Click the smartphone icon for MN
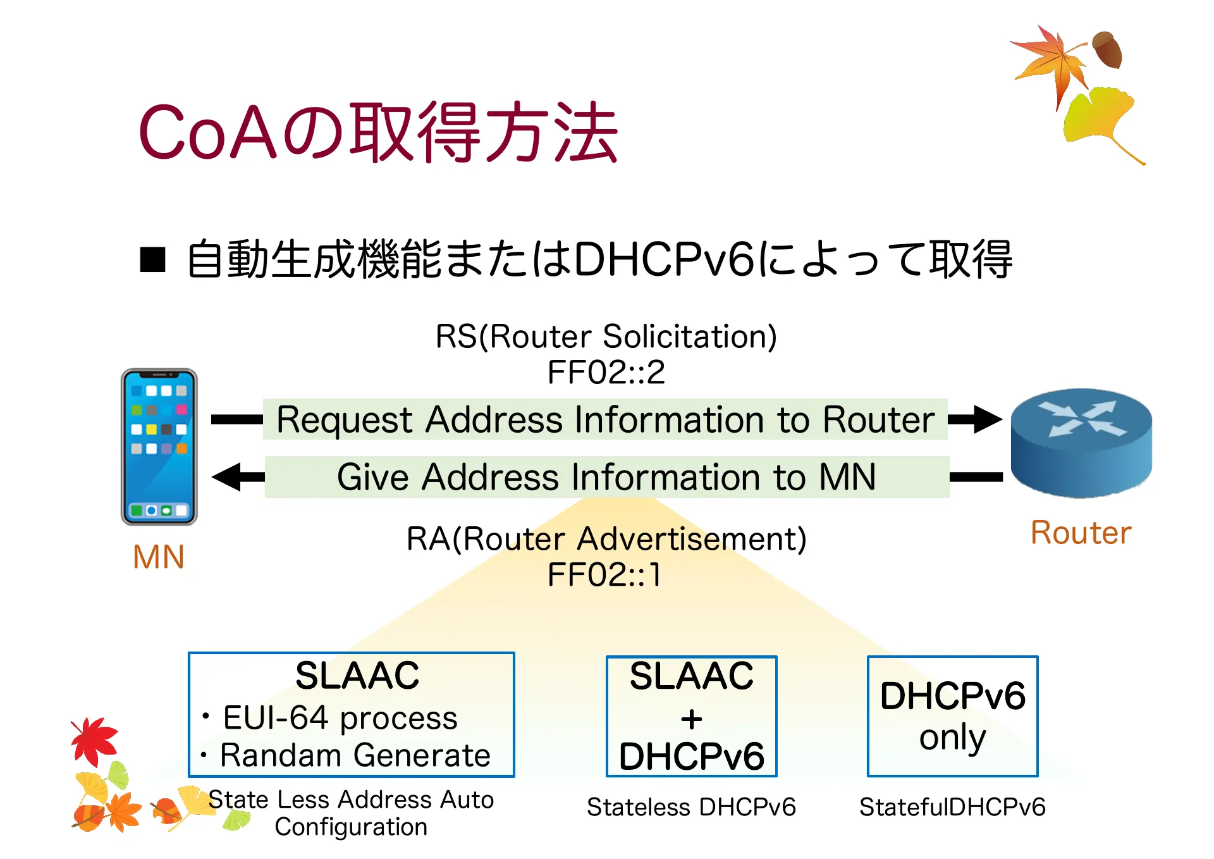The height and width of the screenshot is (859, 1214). coord(159,447)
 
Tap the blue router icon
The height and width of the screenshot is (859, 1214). coord(1081,443)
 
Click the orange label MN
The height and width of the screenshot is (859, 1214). coord(158,557)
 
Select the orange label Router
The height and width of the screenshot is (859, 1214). coord(1081,533)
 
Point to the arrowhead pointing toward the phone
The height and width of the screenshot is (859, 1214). coord(228,477)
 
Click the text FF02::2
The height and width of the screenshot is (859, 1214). coord(606,372)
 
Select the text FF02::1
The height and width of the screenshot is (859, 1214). coord(604,575)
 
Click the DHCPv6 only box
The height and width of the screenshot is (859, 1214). coord(952,716)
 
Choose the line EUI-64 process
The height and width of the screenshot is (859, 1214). coord(340,718)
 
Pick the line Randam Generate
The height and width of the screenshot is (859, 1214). coord(355,755)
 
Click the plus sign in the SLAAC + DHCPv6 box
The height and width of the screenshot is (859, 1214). coord(691,719)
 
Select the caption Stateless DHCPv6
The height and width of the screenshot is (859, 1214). coord(691,807)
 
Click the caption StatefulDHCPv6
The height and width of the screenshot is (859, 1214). coord(952,807)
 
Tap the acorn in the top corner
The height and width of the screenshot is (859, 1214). coord(1108,49)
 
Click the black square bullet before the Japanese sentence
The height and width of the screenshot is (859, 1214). coord(152,260)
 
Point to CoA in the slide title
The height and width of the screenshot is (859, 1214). coord(207,133)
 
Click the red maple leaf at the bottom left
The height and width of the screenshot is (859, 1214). coord(94,740)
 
